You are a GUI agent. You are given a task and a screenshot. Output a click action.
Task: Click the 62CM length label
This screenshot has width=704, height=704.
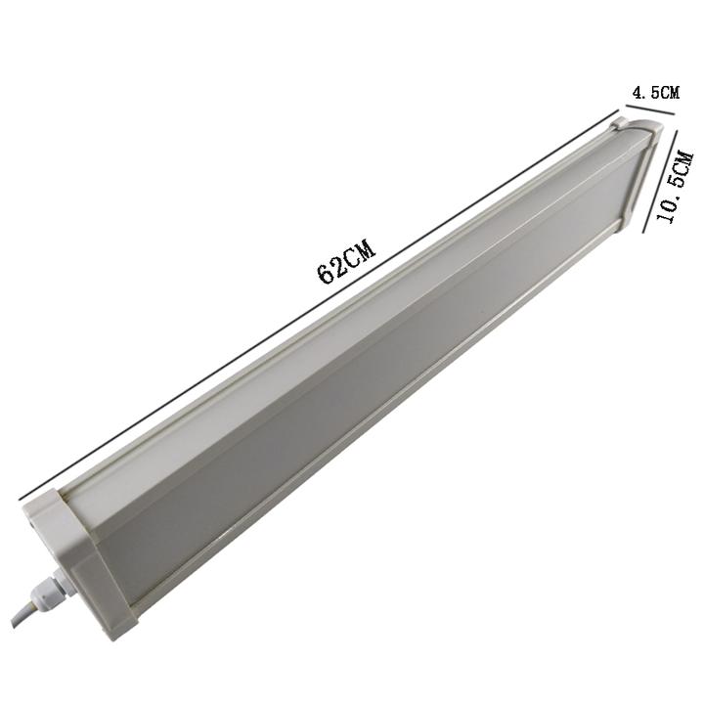[x=346, y=263]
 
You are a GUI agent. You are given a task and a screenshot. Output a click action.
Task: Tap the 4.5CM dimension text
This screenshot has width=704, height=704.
[x=656, y=93]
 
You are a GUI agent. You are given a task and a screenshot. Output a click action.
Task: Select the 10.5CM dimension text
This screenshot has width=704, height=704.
[x=676, y=188]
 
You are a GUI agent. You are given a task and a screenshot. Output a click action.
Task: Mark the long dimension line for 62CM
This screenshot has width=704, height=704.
[x=319, y=304]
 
